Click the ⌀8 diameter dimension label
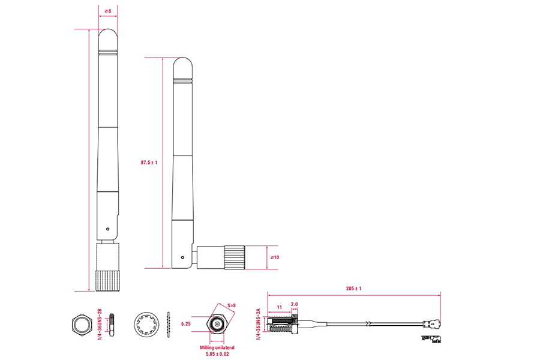pyautogui.click(x=108, y=11)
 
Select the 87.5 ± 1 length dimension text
pyautogui.click(x=148, y=163)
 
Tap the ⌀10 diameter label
pyautogui.click(x=275, y=257)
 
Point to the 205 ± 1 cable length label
pyautogui.click(x=354, y=289)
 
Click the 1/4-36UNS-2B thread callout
pyautogui.click(x=100, y=325)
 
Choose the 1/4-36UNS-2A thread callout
pyautogui.click(x=259, y=325)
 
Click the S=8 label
pyautogui.click(x=232, y=306)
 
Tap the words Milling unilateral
pyautogui.click(x=217, y=347)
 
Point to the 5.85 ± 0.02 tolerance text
pyautogui.click(x=217, y=354)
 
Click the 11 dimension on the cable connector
pyautogui.click(x=279, y=307)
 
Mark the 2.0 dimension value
pyautogui.click(x=294, y=304)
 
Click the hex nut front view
pyautogui.click(x=80, y=325)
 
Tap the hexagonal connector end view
pyautogui.click(x=217, y=325)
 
